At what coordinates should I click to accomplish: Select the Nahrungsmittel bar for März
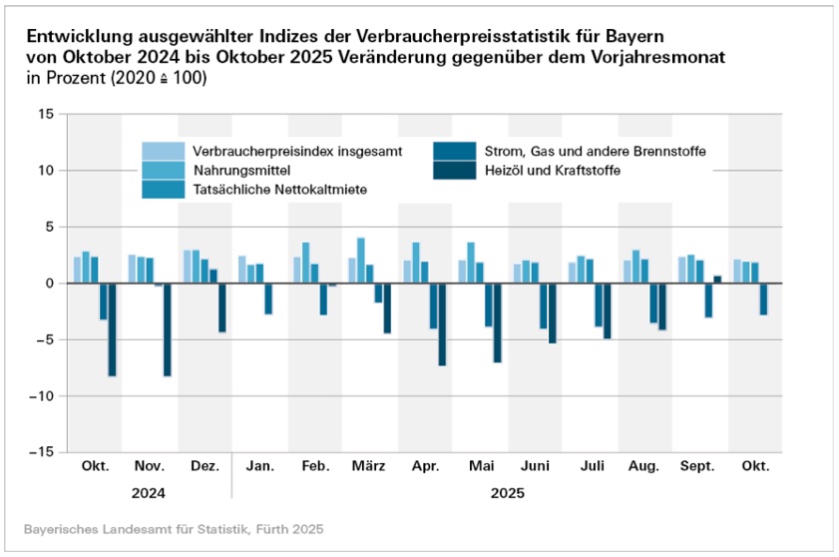coord(361,261)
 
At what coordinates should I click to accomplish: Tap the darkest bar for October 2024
coord(112,329)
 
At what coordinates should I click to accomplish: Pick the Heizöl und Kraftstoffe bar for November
coord(167,329)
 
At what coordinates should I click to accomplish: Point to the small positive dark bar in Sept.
coord(717,279)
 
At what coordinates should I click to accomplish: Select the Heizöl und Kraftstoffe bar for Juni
coord(552,313)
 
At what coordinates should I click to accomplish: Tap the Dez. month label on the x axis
coord(204,467)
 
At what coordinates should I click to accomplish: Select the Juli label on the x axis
coord(590,467)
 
